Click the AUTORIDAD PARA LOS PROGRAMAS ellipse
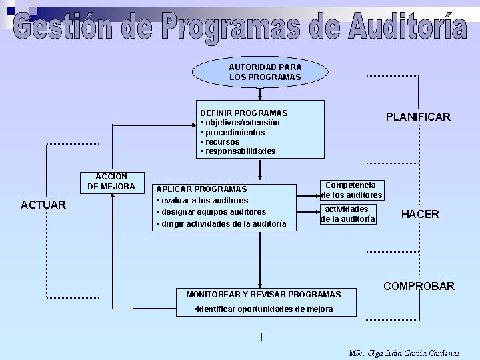261,72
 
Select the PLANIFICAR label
418,117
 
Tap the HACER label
420,214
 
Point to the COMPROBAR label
419,286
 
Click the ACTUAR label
43,205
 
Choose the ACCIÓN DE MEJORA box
111,181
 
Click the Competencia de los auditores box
351,190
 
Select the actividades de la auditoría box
348,214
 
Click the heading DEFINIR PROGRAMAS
244,113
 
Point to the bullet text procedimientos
234,132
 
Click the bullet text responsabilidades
240,151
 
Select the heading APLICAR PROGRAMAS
201,189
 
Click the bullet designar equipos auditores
213,212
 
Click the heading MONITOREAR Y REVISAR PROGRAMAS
263,294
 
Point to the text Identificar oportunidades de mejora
264,309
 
